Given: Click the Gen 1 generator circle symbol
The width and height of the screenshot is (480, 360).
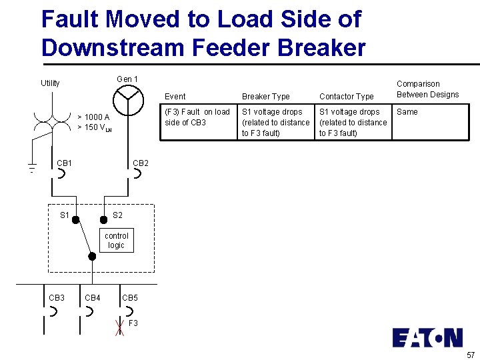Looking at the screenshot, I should [127, 101].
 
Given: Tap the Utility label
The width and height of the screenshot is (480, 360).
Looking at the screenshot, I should [50, 83].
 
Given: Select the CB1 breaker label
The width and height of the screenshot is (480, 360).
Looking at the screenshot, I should [65, 163].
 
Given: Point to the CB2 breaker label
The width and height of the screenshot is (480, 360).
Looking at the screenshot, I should [141, 163].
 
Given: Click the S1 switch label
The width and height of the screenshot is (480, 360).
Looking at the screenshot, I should [65, 215].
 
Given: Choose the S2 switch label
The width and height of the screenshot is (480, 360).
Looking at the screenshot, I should [117, 215].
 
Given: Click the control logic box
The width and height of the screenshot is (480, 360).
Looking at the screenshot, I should [117, 241].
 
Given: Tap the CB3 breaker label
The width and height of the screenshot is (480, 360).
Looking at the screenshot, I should [57, 297].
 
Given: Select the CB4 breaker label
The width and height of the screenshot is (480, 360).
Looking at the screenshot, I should [93, 297].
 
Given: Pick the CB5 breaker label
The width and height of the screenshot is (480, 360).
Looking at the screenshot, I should [130, 297].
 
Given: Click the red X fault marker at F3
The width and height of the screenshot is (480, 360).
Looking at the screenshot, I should [120, 327].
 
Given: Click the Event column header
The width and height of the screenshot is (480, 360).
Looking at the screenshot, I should [175, 97].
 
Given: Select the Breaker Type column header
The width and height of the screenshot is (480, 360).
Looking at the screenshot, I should [265, 97].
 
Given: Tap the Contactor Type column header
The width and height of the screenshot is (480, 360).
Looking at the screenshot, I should [346, 97].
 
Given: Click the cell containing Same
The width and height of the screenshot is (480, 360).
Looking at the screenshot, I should [407, 112].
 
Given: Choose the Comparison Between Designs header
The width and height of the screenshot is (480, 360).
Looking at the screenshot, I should [427, 89].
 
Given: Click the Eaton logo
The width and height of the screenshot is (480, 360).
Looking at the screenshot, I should [427, 337].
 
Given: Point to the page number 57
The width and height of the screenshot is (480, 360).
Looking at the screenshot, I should [471, 355].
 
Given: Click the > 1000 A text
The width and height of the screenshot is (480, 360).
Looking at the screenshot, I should [93, 117].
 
